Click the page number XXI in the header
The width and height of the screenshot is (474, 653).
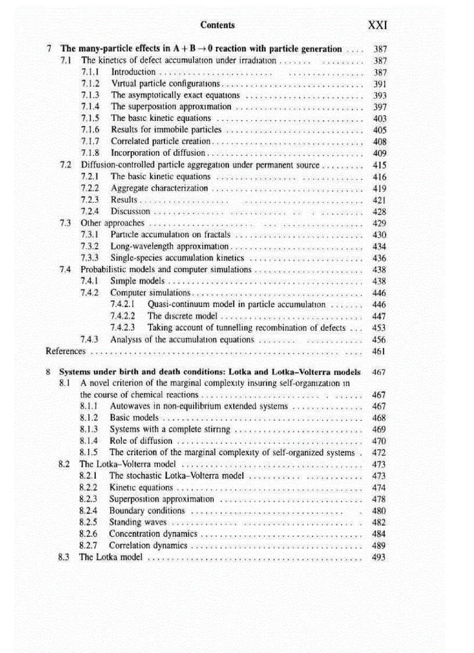378,26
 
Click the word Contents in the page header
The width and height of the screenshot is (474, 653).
217,25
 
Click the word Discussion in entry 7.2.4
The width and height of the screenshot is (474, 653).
130,212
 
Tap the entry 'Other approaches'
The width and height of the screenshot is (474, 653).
112,223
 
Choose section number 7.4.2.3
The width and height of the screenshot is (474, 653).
123,328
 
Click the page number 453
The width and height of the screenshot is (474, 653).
379,328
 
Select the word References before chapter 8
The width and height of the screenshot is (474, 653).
66,351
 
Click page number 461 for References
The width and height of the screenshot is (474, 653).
379,351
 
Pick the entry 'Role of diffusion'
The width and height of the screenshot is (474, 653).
141,441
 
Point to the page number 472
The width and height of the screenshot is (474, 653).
379,453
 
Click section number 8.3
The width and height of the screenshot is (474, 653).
64,558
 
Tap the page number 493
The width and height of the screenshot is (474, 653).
379,558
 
